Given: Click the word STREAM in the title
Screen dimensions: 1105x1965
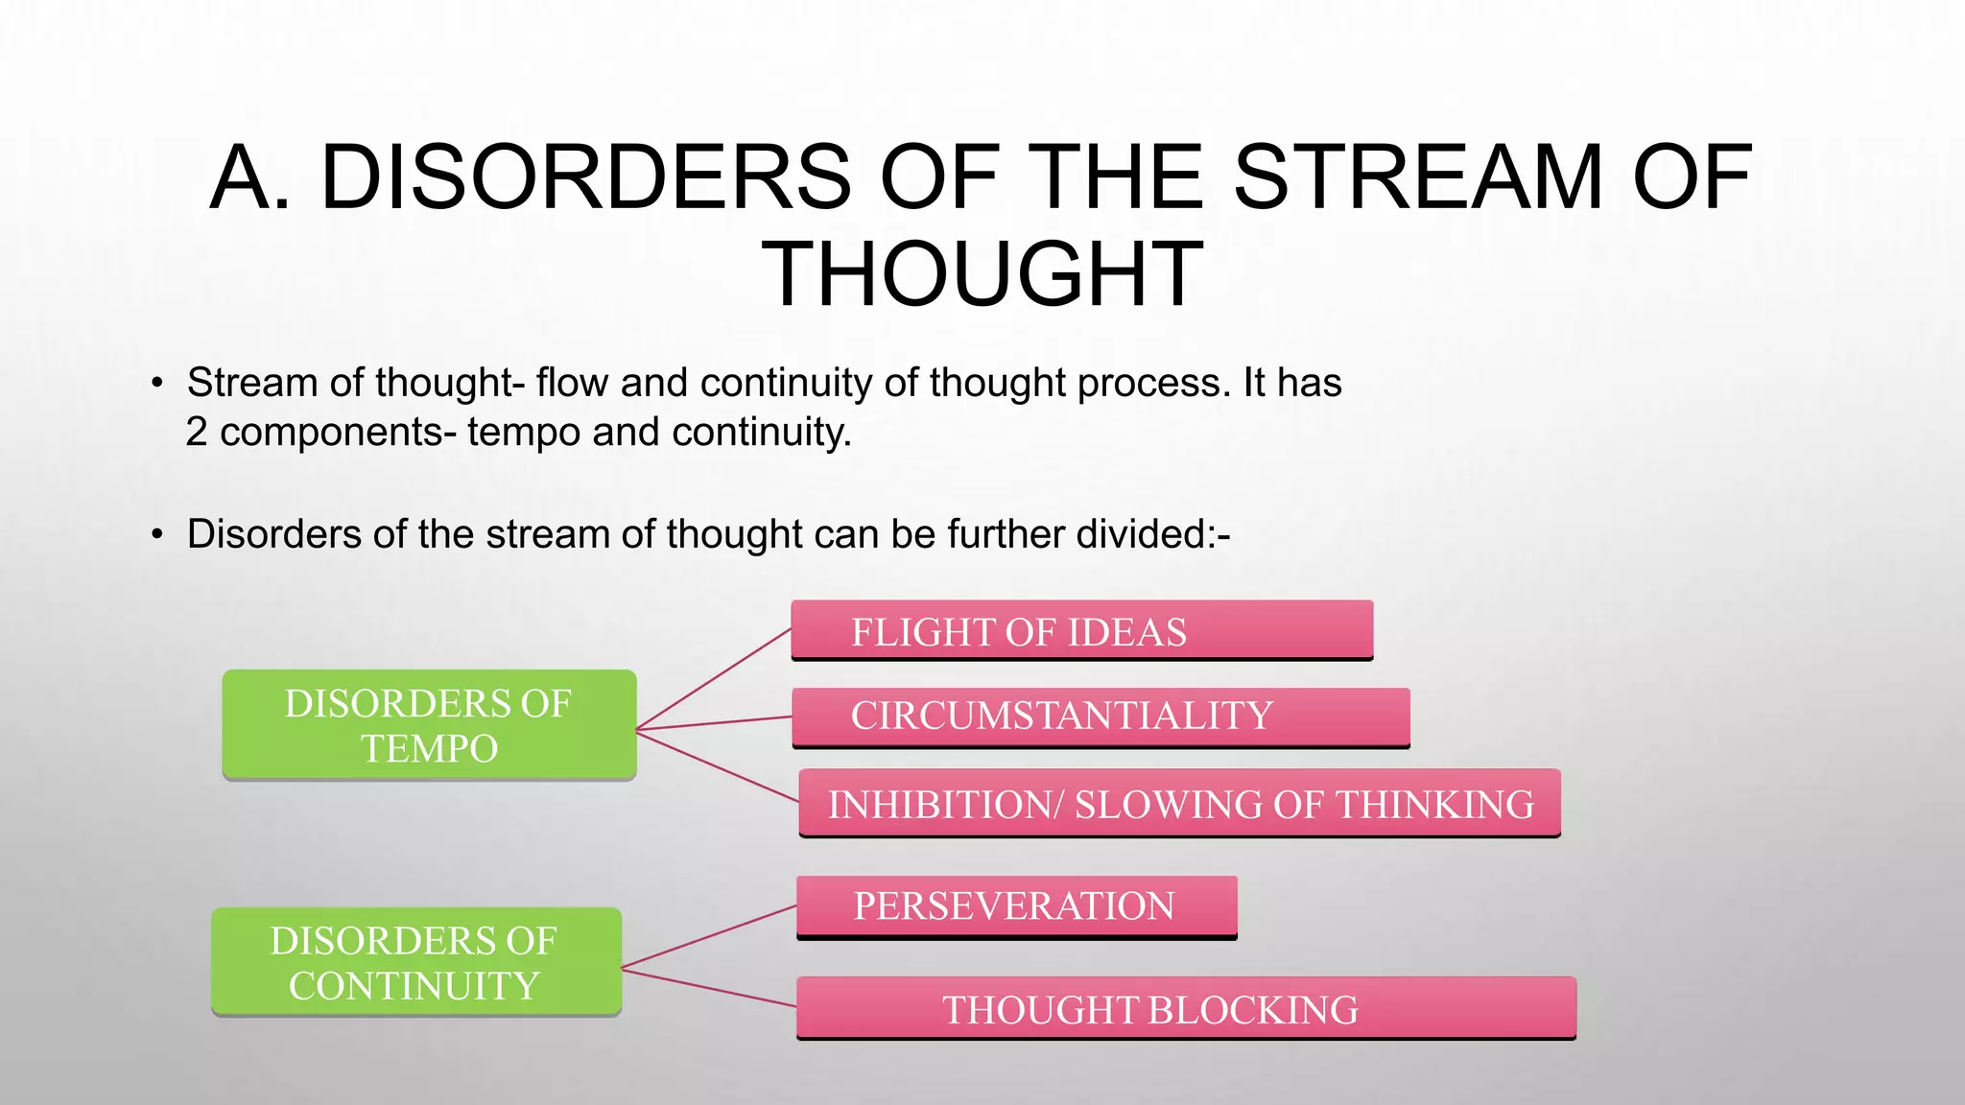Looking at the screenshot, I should coord(1417,177).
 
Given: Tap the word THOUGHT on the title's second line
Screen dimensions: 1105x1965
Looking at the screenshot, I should coord(982,275).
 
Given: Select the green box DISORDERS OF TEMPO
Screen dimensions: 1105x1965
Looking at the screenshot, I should coord(429,725).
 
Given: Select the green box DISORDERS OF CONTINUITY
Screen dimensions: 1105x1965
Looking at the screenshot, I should coord(415,962).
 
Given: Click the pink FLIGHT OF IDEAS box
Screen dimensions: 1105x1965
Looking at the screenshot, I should coord(1081,631).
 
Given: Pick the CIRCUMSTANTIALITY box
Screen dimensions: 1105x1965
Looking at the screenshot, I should coord(1101,717).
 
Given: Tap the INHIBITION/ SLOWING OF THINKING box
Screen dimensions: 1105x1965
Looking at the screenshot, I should coord(1179,804).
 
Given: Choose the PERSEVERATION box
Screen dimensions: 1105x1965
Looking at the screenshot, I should coord(1016,906).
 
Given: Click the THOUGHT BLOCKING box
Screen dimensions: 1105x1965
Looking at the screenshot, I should coord(1186,1009).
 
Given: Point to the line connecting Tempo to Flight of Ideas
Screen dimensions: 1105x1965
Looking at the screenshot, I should coord(714,678).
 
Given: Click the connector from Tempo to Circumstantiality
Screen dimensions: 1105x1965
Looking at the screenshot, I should coord(714,723).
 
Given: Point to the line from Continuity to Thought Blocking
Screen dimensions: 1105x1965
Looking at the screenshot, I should coord(708,988).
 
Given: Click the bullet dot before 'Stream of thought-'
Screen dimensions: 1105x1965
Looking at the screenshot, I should coord(157,384).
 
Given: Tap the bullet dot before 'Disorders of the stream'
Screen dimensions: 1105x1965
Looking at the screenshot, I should coord(157,535).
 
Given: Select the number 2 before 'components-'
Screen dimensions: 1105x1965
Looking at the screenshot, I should coord(197,433).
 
